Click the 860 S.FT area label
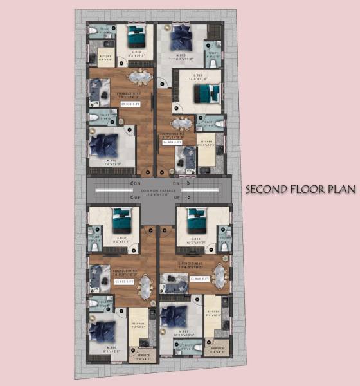pos(200,279)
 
